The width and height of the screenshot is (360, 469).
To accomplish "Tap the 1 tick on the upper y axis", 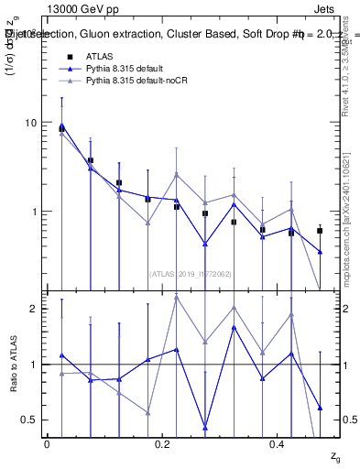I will [36, 212].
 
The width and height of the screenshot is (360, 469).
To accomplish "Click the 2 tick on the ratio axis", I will [36, 309].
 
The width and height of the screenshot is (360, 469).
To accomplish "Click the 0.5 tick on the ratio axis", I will [32, 420].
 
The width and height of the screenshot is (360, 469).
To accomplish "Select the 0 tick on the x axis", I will [47, 444].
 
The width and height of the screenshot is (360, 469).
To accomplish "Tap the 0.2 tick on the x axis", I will [161, 444].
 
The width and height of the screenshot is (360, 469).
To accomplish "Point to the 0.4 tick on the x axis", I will [277, 444].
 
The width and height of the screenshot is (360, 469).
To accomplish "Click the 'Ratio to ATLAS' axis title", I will [12, 365].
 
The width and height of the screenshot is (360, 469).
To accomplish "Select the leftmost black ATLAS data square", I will [61, 129].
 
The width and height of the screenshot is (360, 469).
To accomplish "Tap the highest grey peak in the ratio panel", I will [176, 297].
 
